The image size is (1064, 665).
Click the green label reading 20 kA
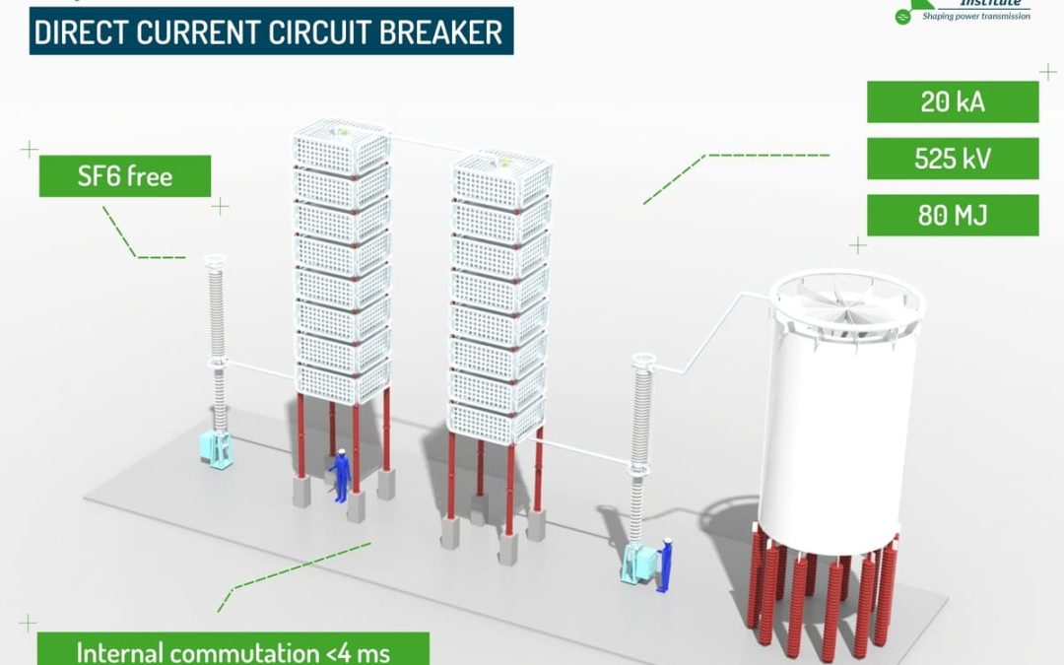tap(952, 101)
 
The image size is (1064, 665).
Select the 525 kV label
tap(952, 159)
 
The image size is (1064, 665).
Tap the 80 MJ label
tap(952, 215)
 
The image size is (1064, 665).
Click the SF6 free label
tap(125, 176)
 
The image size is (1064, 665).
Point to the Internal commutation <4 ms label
tap(233, 651)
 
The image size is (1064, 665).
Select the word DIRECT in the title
tap(81, 33)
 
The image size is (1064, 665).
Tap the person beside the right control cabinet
tap(667, 565)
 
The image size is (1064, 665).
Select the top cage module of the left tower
tap(341, 145)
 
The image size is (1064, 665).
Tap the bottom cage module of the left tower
tap(343, 383)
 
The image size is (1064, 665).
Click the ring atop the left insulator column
tap(215, 261)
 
